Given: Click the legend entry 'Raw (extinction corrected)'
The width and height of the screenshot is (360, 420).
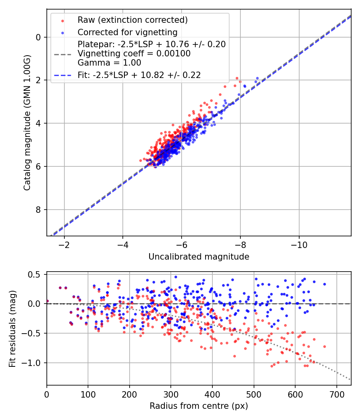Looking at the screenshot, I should pyautogui.click(x=132, y=20).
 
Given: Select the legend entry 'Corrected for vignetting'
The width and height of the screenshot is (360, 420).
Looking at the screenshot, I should pyautogui.click(x=127, y=32).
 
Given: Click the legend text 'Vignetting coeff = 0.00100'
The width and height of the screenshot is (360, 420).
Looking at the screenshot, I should pyautogui.click(x=134, y=53).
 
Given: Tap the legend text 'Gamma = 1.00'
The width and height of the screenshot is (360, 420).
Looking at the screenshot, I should pyautogui.click(x=109, y=62).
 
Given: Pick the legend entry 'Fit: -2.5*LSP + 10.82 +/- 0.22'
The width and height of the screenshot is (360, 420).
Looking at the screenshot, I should pyautogui.click(x=139, y=74).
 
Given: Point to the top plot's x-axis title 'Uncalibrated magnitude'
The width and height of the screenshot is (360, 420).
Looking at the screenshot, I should pyautogui.click(x=199, y=257).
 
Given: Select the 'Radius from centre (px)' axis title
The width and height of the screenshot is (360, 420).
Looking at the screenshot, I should pyautogui.click(x=199, y=406).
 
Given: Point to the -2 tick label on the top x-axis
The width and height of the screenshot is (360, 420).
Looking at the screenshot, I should pyautogui.click(x=64, y=245).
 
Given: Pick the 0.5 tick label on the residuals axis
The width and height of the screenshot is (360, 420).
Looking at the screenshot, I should pyautogui.click(x=35, y=274).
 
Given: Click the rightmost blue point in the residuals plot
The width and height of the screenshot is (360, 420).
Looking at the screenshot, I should pyautogui.click(x=324, y=284).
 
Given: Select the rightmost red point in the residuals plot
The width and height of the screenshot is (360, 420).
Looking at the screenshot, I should pyautogui.click(x=324, y=346).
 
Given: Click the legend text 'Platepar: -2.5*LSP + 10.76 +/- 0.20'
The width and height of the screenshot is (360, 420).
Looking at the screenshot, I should pyautogui.click(x=152, y=44).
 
